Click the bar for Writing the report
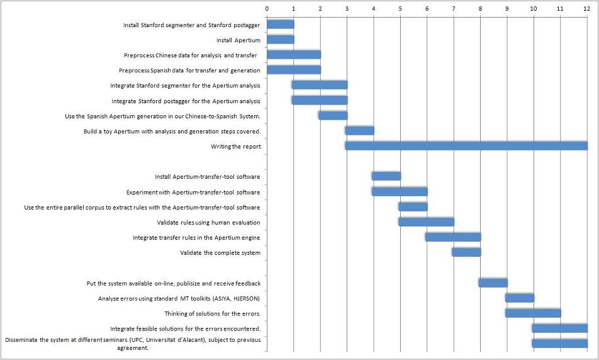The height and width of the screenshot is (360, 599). click(x=466, y=146)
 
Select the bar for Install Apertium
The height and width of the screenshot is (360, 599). click(x=281, y=40)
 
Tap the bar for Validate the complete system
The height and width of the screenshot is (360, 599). click(x=466, y=252)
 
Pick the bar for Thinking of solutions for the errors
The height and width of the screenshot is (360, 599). click(x=533, y=313)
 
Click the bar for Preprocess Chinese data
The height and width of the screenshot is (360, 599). click(x=294, y=55)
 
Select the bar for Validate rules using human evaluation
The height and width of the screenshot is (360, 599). click(x=426, y=222)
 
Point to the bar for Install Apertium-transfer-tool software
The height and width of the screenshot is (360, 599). click(x=386, y=176)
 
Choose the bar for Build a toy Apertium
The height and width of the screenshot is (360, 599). click(x=359, y=131)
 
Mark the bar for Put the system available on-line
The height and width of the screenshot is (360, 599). click(x=493, y=283)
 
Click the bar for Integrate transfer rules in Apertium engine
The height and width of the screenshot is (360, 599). click(x=453, y=237)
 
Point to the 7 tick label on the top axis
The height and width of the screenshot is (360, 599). click(x=454, y=9)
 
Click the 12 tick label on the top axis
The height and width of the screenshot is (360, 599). click(x=586, y=9)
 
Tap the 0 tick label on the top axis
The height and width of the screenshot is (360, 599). click(x=267, y=9)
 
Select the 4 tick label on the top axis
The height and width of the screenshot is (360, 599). click(x=374, y=9)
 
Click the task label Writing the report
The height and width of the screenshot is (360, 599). click(x=235, y=147)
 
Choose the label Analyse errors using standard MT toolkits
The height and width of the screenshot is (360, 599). click(x=179, y=298)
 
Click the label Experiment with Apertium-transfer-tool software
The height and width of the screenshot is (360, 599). click(x=193, y=192)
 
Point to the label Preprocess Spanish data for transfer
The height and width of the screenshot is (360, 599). click(x=189, y=70)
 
